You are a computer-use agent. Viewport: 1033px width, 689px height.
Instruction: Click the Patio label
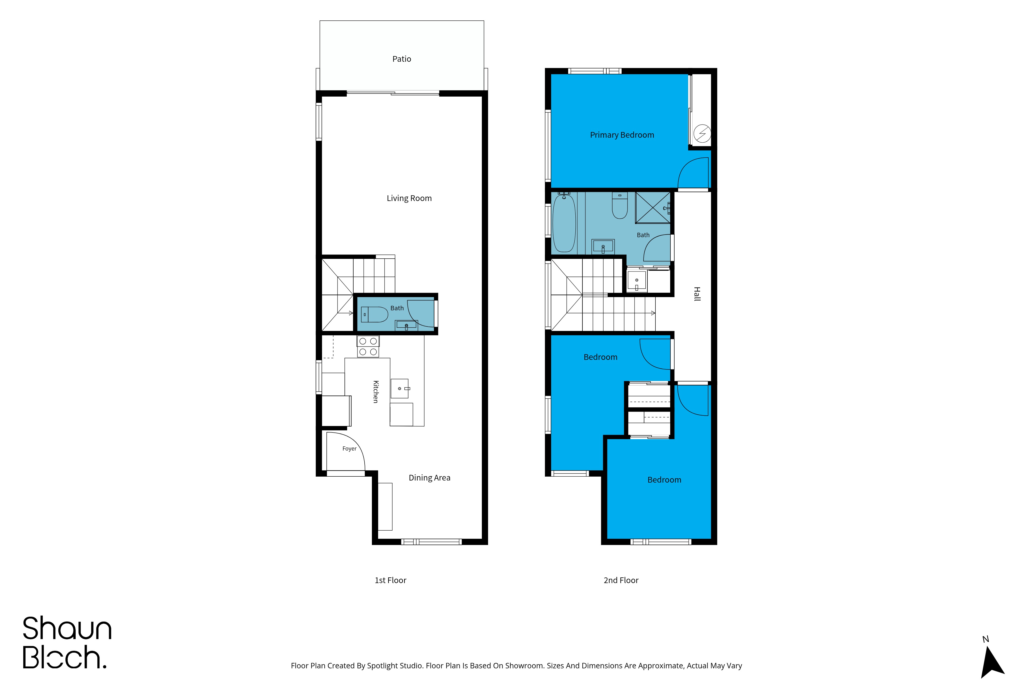click(401, 59)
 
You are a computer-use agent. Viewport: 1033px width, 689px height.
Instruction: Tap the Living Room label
click(409, 198)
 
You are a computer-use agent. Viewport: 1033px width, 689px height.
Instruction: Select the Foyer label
click(349, 449)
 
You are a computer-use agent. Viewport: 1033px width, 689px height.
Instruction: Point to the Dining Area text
click(429, 478)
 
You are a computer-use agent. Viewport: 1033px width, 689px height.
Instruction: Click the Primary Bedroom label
click(622, 135)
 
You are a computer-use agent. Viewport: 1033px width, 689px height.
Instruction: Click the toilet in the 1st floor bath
click(374, 315)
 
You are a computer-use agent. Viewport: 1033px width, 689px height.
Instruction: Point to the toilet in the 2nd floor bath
click(620, 206)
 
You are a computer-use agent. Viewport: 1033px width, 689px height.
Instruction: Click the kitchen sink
click(400, 389)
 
